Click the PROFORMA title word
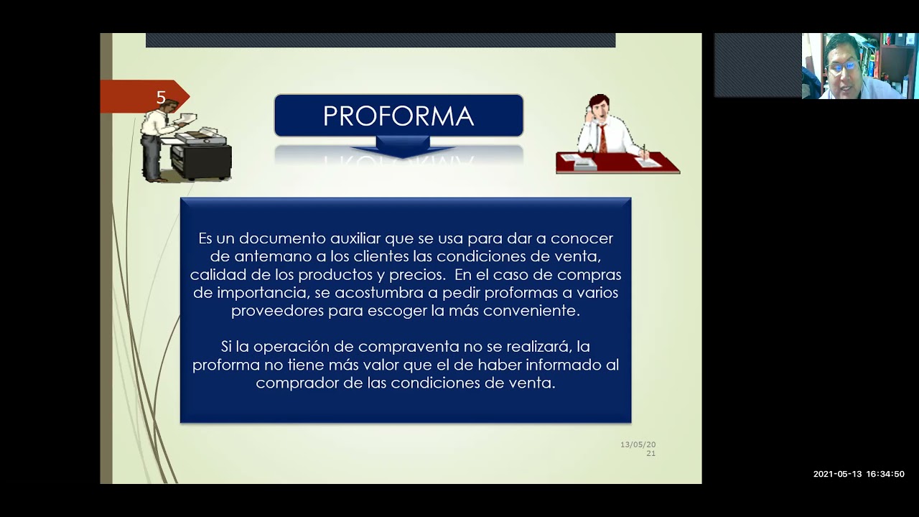pyautogui.click(x=398, y=116)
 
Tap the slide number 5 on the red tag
pyautogui.click(x=161, y=98)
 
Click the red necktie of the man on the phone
pyautogui.click(x=603, y=138)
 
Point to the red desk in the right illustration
pyautogui.click(x=617, y=164)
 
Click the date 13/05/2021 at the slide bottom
pyautogui.click(x=638, y=449)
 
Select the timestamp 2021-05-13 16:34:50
pyautogui.click(x=859, y=474)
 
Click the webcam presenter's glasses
pyautogui.click(x=842, y=66)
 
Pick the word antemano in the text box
pyautogui.click(x=268, y=257)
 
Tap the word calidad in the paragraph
pyautogui.click(x=213, y=275)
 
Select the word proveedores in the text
pyautogui.click(x=277, y=312)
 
